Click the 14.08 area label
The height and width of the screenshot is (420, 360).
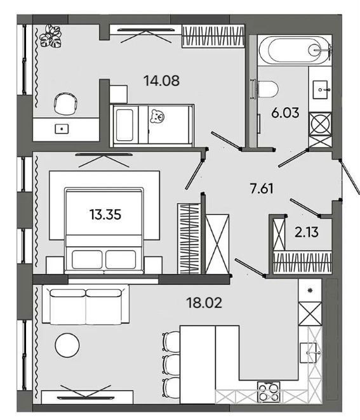tap(161, 81)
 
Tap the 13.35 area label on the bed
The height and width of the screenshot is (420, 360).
tap(105, 214)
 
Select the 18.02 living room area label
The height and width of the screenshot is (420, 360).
tap(204, 303)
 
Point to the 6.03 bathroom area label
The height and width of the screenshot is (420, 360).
tap(285, 113)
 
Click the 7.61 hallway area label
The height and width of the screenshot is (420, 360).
tap(262, 188)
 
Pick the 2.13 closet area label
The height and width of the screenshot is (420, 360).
tap(307, 232)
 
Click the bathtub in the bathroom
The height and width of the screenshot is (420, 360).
tap(295, 49)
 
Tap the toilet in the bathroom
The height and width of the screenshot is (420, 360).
tap(267, 89)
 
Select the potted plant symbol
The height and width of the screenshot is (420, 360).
tap(51, 36)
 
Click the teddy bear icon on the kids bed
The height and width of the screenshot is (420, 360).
tap(157, 116)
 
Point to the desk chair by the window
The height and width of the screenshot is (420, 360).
tap(65, 103)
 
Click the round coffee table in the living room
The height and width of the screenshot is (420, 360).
tap(67, 345)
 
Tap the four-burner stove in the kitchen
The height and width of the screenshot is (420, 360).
tap(269, 393)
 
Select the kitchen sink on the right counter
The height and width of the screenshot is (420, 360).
tap(310, 353)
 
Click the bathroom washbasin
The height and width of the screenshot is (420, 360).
tap(321, 90)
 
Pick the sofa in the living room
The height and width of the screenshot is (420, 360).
tap(86, 305)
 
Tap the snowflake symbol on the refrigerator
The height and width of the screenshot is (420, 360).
tap(310, 291)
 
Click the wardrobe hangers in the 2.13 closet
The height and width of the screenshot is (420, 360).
tap(302, 262)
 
